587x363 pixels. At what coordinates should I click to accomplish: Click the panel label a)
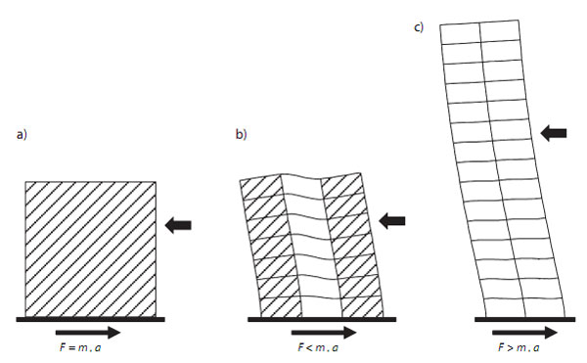[x=20, y=133]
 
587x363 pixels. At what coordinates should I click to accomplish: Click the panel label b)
[x=240, y=133]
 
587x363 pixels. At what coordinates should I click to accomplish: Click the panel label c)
[x=419, y=26]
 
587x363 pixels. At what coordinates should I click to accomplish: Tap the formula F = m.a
[x=89, y=347]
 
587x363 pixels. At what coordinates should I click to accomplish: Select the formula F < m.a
[x=317, y=347]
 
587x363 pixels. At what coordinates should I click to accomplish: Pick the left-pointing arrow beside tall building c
[x=554, y=131]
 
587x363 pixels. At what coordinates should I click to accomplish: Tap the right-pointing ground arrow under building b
[x=324, y=333]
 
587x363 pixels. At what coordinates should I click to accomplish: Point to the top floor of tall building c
[x=480, y=31]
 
